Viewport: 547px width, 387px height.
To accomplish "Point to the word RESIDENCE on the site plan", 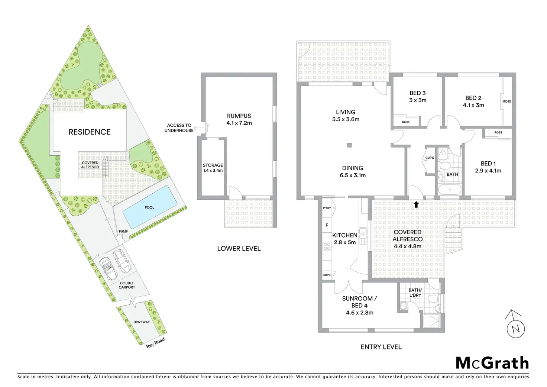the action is [x=90, y=132].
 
